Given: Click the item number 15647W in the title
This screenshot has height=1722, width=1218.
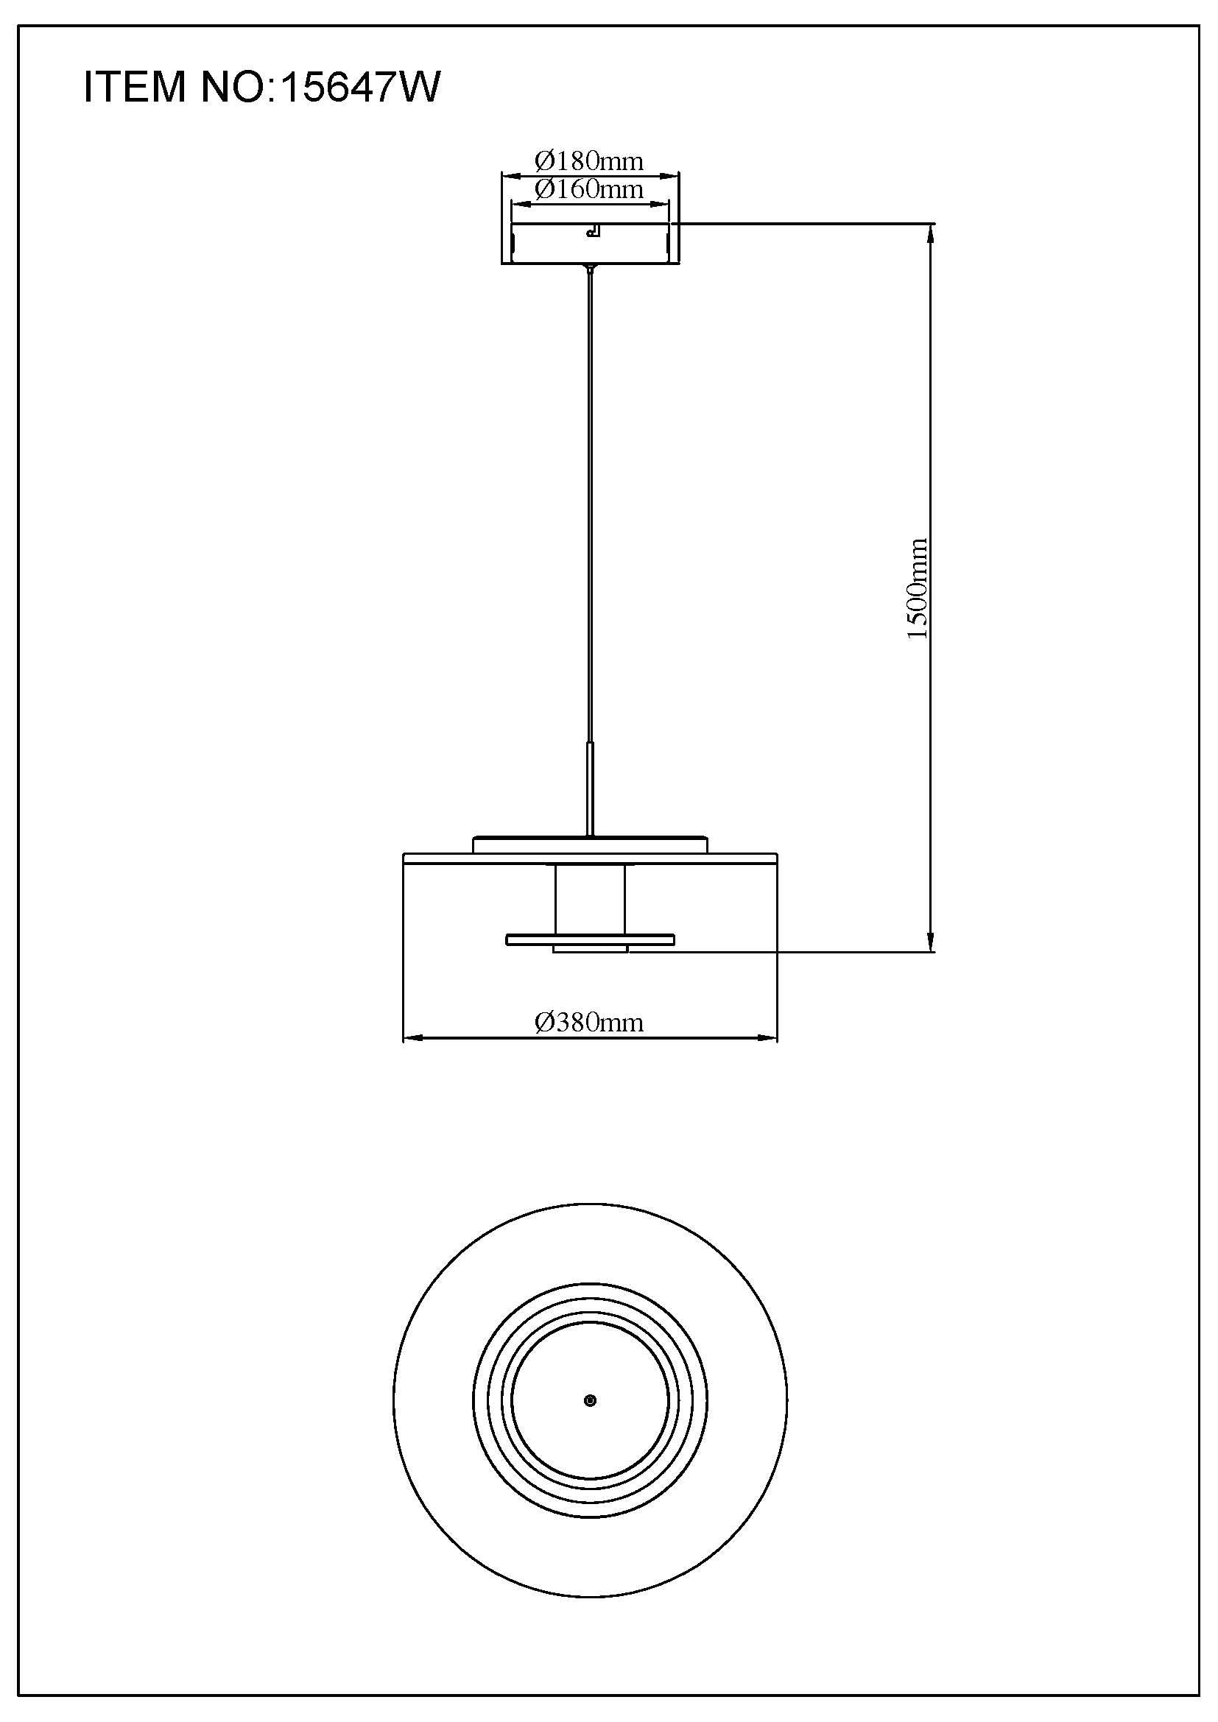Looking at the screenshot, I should pos(359,87).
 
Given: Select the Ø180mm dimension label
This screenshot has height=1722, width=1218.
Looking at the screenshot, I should pos(589,160).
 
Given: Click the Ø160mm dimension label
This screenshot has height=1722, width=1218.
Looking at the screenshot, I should pos(589,189).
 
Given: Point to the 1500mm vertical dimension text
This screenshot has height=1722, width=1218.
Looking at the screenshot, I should pos(917,589).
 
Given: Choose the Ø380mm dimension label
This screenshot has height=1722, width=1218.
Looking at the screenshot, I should pos(589,1023).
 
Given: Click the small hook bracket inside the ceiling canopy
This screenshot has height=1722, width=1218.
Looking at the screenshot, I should pos(594,231).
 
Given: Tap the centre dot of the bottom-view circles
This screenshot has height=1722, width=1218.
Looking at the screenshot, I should pos(591,1401).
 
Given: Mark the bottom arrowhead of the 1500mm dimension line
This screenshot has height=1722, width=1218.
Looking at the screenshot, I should pos(931,945).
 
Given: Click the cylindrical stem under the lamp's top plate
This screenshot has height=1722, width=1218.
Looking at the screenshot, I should pos(590,900).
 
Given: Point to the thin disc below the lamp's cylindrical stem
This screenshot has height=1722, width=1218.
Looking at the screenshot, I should pos(591,939).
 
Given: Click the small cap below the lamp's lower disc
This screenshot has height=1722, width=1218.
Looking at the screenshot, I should pos(591,950).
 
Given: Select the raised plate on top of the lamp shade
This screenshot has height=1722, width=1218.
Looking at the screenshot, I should pos(591,845).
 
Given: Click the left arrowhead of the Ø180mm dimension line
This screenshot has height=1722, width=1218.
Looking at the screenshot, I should pos(509,177).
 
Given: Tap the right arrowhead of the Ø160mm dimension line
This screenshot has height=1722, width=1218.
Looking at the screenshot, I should pos(662,203).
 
